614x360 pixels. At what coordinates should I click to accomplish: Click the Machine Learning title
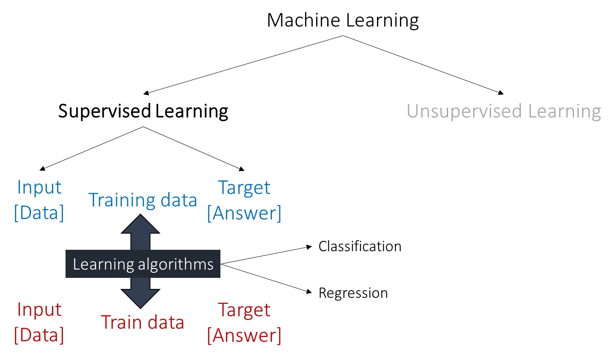coord(343,20)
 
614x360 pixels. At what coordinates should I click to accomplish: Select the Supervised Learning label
coord(143,111)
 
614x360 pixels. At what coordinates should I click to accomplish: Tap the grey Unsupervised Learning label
coord(503,111)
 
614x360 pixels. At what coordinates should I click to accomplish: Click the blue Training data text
coord(143,200)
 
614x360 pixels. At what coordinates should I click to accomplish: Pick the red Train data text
coord(143,322)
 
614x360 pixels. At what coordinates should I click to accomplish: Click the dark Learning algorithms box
coord(143,264)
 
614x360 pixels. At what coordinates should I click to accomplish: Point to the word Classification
coord(360,246)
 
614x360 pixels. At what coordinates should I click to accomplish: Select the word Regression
coord(353,293)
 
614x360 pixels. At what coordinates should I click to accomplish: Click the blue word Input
coord(39,188)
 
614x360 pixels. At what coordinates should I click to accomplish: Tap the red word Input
coord(39,310)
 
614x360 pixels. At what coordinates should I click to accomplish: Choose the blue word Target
coord(244,188)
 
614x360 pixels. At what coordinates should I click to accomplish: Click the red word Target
coord(244,310)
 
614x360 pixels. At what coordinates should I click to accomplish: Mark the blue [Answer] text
coord(244,213)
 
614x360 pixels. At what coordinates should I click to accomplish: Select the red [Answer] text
coord(244,335)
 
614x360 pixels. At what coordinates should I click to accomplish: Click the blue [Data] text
coord(39,212)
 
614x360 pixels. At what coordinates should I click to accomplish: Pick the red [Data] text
coord(39,335)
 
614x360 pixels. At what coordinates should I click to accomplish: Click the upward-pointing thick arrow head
coord(140,224)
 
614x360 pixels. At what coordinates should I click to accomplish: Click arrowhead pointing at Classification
coord(309,247)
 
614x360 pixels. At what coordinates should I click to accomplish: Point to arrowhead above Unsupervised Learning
coord(501,92)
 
